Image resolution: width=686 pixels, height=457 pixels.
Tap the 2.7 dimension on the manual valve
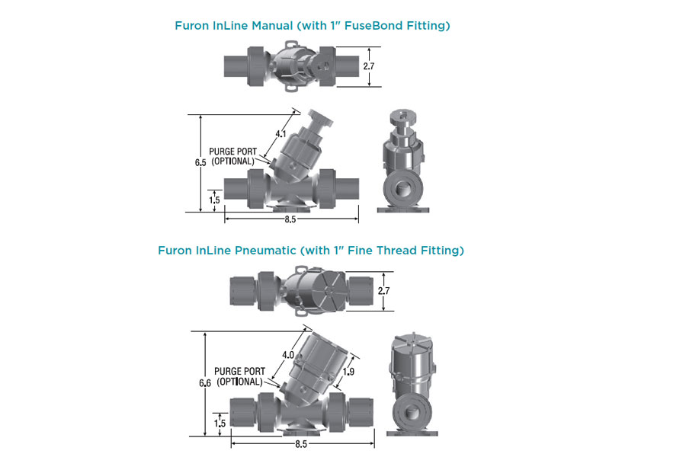369,66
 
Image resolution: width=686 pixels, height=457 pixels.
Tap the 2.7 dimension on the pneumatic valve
383,290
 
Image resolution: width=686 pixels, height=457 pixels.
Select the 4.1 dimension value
280,134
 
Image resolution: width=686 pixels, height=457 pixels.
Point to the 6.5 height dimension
200,163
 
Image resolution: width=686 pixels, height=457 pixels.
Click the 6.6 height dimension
205,383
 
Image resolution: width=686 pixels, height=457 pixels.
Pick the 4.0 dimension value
288,355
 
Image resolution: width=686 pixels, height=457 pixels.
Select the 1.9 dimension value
348,372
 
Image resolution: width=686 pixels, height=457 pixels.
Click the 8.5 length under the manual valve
290,219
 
